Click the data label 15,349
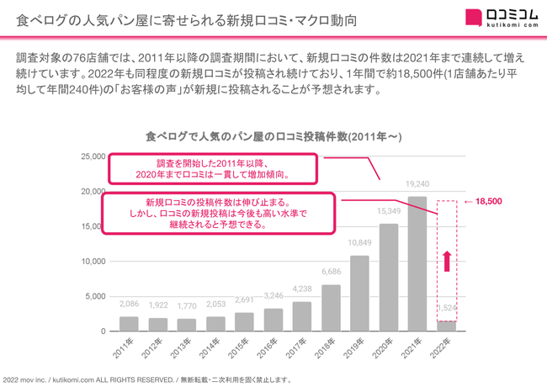(388, 210)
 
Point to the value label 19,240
(417, 183)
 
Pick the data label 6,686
(331, 272)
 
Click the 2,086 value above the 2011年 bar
(129, 304)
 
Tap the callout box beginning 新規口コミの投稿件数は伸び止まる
(215, 214)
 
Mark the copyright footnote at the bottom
(147, 379)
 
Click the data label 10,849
(359, 242)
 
